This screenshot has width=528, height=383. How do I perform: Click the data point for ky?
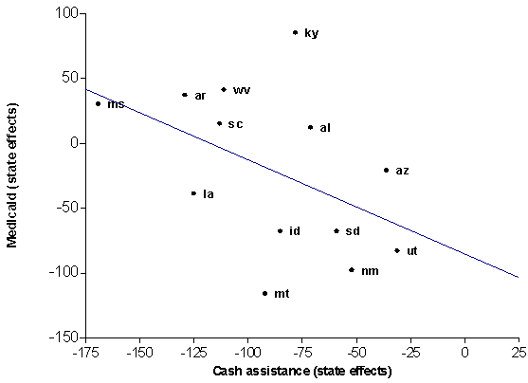[295, 32]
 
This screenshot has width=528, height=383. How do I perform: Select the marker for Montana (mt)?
[264, 294]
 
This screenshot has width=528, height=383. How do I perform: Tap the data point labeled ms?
[99, 103]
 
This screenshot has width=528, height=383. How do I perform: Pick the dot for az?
[386, 171]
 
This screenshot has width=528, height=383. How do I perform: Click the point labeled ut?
[397, 250]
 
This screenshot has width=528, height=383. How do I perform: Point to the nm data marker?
[352, 270]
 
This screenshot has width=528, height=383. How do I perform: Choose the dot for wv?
[224, 90]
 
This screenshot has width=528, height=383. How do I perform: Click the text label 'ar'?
[200, 96]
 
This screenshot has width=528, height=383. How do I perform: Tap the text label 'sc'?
[235, 124]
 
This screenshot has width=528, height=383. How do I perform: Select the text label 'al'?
[325, 127]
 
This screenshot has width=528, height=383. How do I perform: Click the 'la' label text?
[209, 194]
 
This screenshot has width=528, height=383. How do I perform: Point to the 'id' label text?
[295, 231]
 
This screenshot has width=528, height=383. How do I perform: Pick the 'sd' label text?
[353, 231]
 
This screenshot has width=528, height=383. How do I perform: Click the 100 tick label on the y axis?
[65, 13]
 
